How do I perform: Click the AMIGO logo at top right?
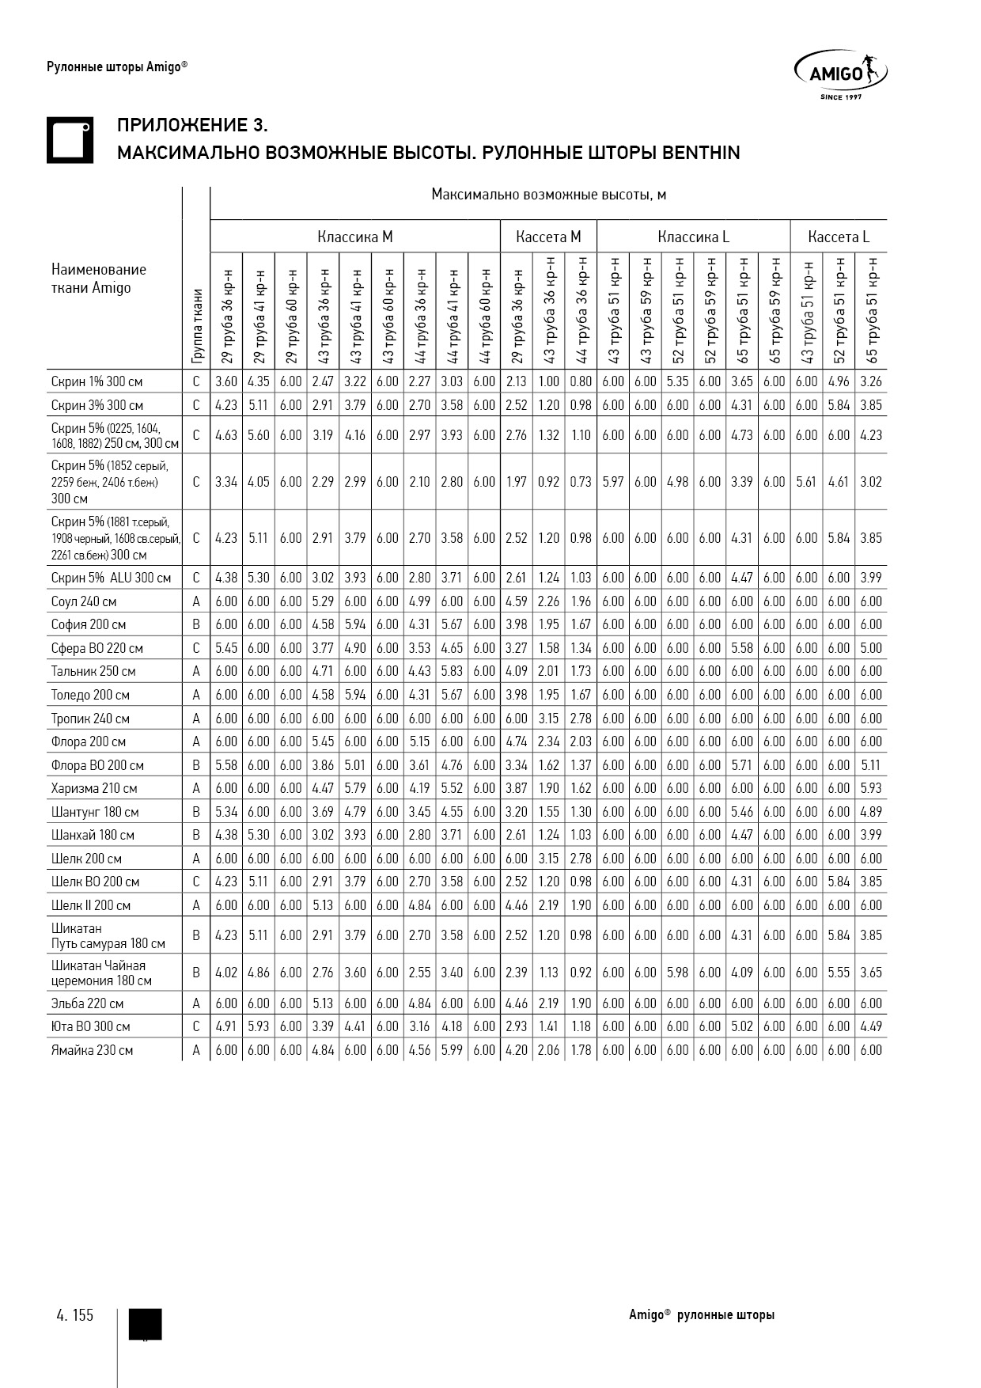(840, 74)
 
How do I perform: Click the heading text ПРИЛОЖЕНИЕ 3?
(192, 126)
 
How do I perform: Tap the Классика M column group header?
(355, 237)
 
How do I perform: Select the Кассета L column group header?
(839, 237)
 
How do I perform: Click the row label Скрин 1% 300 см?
(97, 381)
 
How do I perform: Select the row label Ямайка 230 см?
(92, 1050)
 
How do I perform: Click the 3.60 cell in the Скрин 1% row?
(226, 381)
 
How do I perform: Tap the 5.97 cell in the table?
(613, 481)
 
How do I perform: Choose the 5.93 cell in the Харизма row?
(871, 788)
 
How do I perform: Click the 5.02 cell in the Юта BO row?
(742, 1026)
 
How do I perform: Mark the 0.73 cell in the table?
(581, 481)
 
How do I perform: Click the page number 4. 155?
(75, 1315)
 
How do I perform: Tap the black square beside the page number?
(145, 1324)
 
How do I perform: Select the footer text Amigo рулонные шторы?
(702, 1315)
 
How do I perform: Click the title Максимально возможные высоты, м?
(548, 195)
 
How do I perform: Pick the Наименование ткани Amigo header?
(99, 279)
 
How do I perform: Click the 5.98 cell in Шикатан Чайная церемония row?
(678, 973)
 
